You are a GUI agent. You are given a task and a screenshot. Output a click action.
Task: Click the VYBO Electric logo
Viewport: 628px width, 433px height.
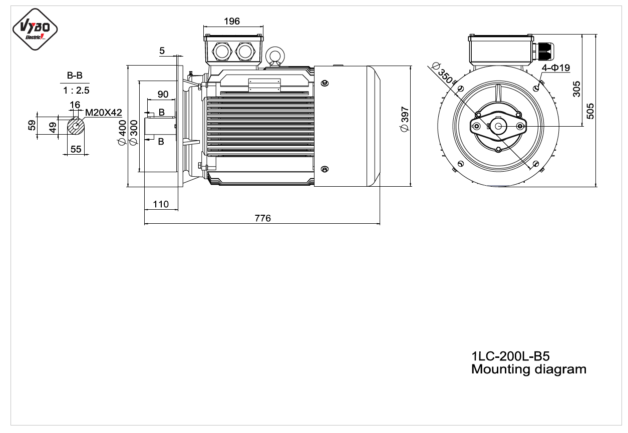pyautogui.click(x=35, y=29)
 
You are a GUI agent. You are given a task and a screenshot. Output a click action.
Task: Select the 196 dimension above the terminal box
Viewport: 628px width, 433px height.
pyautogui.click(x=232, y=22)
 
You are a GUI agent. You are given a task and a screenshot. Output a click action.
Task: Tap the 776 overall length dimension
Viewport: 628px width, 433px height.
pyautogui.click(x=263, y=218)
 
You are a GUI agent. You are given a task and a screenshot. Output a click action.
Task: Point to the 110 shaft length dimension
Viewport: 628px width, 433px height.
pyautogui.click(x=161, y=204)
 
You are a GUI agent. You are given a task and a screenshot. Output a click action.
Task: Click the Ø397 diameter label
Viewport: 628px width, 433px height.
pyautogui.click(x=405, y=119)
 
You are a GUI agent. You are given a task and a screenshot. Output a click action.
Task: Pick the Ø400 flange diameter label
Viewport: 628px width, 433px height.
pyautogui.click(x=123, y=133)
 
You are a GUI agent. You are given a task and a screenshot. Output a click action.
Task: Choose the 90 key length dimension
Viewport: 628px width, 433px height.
pyautogui.click(x=163, y=94)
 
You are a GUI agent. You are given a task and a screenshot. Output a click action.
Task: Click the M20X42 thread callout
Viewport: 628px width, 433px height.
pyautogui.click(x=104, y=113)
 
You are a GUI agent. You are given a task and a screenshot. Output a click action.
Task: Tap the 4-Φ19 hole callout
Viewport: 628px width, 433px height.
pyautogui.click(x=556, y=68)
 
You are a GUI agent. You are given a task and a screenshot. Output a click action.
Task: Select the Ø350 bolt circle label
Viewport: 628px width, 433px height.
pyautogui.click(x=443, y=74)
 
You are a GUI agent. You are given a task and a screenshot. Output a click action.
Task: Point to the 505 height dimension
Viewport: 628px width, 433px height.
pyautogui.click(x=590, y=111)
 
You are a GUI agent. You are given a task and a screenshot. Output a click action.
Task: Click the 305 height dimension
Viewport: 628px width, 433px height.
pyautogui.click(x=576, y=89)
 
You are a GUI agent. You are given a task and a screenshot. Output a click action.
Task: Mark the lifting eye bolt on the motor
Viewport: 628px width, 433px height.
pyautogui.click(x=275, y=57)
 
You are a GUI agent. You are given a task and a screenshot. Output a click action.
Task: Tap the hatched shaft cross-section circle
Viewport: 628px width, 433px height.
pyautogui.click(x=76, y=126)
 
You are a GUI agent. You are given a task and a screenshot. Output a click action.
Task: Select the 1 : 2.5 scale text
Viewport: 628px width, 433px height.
pyautogui.click(x=76, y=90)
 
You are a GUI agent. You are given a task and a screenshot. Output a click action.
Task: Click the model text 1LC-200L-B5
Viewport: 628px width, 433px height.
pyautogui.click(x=510, y=356)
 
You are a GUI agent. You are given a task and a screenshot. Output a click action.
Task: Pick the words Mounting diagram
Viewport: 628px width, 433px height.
pyautogui.click(x=529, y=369)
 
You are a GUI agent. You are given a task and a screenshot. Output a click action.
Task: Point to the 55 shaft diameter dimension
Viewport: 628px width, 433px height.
pyautogui.click(x=76, y=149)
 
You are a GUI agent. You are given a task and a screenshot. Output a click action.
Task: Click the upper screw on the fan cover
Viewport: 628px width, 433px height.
pyautogui.click(x=325, y=83)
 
